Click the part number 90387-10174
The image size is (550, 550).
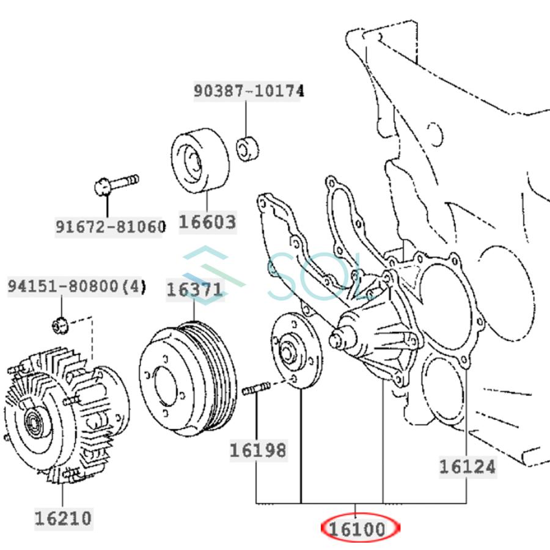249,91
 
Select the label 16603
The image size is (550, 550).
207,221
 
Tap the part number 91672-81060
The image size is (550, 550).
111,227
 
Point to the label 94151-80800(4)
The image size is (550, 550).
77,286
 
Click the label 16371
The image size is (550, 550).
195,289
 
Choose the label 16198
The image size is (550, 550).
257,450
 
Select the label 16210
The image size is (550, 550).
63,518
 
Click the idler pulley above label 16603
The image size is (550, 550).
199,160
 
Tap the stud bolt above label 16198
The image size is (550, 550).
257,388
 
